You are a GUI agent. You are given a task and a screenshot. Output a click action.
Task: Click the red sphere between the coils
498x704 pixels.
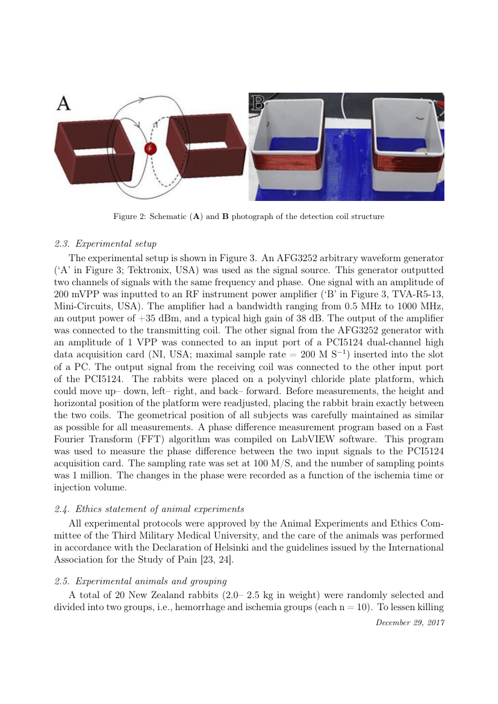[151, 149]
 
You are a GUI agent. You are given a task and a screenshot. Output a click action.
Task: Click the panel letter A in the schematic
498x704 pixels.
[64, 104]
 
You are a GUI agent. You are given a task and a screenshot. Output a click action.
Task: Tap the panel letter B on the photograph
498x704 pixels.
[257, 102]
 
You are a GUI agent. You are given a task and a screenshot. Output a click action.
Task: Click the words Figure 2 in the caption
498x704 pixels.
[131, 216]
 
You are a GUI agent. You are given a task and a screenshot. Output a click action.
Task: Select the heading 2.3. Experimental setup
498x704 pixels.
[105, 244]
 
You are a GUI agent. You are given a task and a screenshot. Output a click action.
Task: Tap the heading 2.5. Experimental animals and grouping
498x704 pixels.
[140, 581]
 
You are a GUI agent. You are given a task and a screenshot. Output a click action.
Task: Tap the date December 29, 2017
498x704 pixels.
[409, 622]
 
